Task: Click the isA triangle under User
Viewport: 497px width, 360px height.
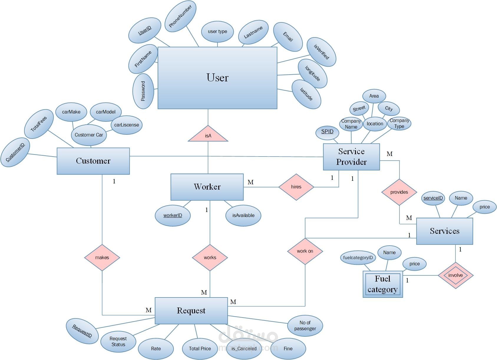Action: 208,135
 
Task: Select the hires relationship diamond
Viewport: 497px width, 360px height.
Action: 296,187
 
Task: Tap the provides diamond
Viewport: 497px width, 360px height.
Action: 399,192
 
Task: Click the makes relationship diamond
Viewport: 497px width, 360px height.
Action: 102,257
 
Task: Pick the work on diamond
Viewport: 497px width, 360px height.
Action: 305,251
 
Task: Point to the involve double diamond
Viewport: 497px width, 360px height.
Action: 455,275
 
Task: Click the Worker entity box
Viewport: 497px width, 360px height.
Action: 207,187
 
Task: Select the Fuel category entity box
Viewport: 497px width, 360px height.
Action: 383,284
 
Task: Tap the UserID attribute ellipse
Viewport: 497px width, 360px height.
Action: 145,30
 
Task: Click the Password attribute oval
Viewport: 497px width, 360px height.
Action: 143,91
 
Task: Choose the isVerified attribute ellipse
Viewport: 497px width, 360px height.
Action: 321,52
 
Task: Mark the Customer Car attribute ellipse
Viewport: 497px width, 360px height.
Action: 89,135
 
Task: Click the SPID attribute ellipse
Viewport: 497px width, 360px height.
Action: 327,132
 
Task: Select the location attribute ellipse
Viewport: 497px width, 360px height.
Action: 375,124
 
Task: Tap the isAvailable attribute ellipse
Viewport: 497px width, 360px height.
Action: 243,216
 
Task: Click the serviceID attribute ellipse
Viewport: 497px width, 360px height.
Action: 433,198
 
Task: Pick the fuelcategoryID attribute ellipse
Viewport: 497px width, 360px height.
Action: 358,258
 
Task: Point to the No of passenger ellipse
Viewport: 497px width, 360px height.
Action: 305,326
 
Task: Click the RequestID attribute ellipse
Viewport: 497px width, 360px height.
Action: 82,331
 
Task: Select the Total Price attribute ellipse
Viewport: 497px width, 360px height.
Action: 200,349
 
